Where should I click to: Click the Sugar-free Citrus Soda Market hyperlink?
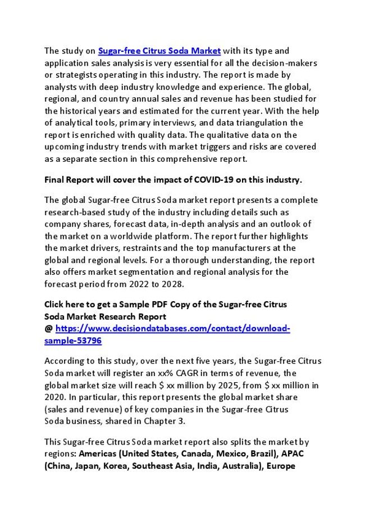pyautogui.click(x=159, y=51)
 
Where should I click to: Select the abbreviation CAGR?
pyautogui.click(x=194, y=373)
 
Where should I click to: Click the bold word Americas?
pyautogui.click(x=97, y=453)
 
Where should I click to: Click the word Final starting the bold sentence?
pyautogui.click(x=54, y=180)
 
